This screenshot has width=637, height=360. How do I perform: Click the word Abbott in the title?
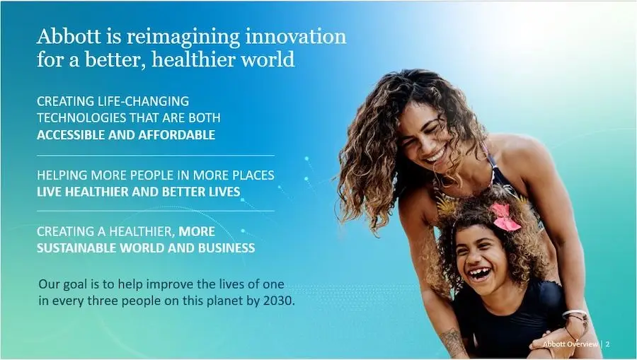pos(69,36)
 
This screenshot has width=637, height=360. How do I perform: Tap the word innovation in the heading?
pos(296,36)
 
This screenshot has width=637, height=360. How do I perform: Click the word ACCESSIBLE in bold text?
pos(71,135)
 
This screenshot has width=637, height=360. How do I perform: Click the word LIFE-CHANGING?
pos(144,101)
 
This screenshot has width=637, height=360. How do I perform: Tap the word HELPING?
pos(62,175)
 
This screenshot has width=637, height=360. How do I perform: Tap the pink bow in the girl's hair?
pos(505,217)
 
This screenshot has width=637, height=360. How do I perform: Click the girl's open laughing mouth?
pos(480,274)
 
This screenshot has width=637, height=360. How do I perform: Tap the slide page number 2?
pos(608,344)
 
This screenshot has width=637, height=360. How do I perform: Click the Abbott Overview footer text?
pos(570,344)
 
